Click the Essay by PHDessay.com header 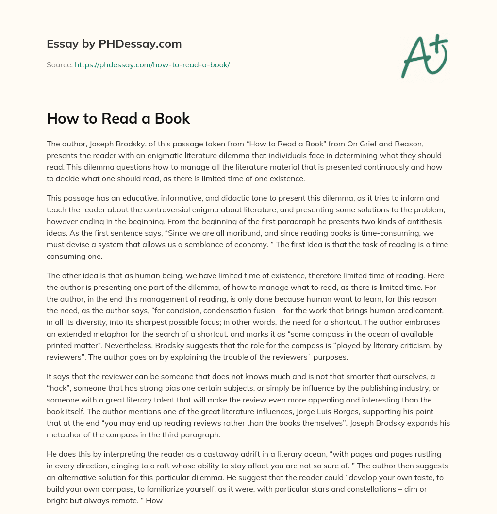[114, 44]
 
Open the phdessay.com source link [152, 64]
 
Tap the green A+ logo [423, 56]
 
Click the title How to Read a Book [118, 119]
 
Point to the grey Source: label [59, 64]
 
